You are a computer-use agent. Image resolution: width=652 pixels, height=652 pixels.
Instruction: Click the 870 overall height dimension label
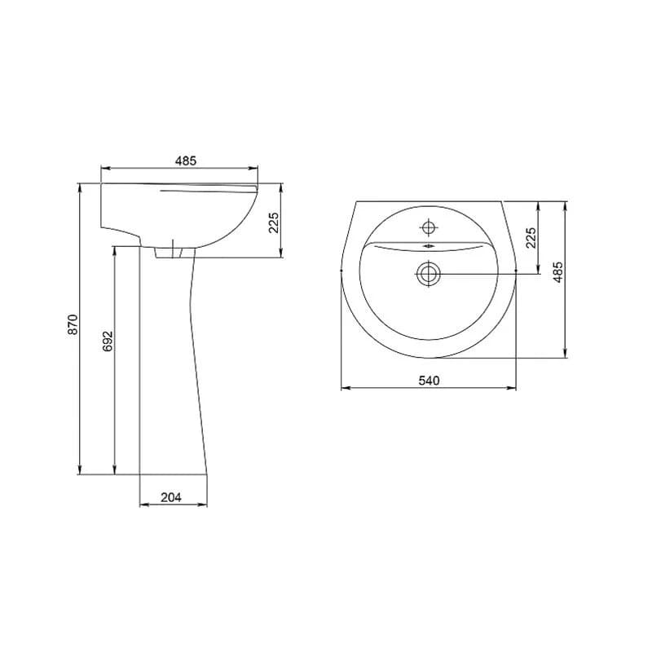pyautogui.click(x=73, y=324)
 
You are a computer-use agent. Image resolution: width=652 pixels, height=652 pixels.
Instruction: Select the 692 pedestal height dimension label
pyautogui.click(x=108, y=341)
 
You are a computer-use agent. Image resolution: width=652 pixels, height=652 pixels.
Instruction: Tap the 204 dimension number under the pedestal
pyautogui.click(x=171, y=497)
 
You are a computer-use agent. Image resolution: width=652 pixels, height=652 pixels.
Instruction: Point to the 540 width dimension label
pyautogui.click(x=429, y=381)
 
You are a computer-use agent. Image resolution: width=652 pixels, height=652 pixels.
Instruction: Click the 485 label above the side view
pyautogui.click(x=186, y=161)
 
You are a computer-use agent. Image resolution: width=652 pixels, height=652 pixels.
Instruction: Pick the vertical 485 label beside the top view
pyautogui.click(x=558, y=272)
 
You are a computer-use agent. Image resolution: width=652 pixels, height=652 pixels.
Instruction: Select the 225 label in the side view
pyautogui.click(x=274, y=222)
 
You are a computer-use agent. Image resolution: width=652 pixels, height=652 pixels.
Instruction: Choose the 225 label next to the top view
pyautogui.click(x=531, y=237)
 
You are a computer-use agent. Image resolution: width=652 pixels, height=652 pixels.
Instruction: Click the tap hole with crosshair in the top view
pyautogui.click(x=429, y=227)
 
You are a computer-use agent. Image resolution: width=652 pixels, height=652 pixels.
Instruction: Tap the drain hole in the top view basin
pyautogui.click(x=429, y=274)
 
